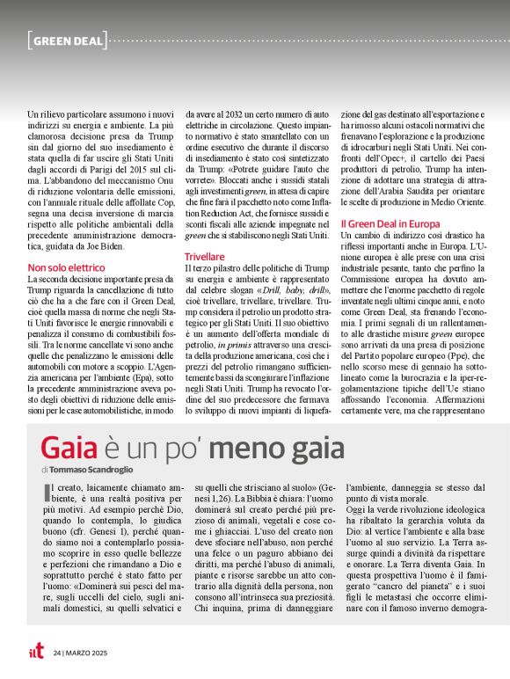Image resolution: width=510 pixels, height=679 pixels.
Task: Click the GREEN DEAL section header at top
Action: (68, 40)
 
